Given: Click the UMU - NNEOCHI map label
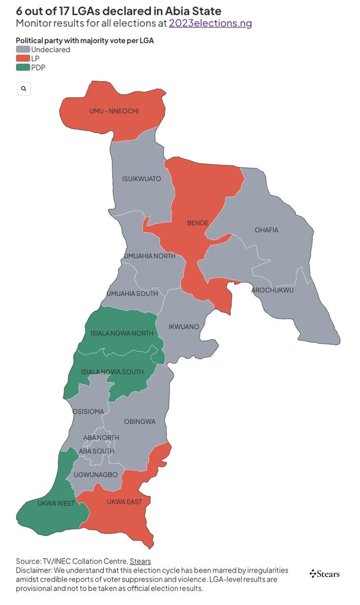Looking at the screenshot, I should coord(114,111).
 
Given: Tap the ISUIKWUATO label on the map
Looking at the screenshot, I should coord(142,179).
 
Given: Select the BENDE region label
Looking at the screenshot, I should coord(198,222).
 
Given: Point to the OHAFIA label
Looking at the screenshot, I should coord(266,230).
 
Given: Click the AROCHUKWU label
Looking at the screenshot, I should coord(272,290).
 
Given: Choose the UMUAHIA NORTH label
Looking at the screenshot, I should coord(150,256).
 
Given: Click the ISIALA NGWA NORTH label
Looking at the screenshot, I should coord(122,333).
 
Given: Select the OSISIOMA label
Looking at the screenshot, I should coord(88,411).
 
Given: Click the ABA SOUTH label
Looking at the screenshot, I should coord(96,451).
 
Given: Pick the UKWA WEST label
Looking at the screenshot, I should coord(56,503).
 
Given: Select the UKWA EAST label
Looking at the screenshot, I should coord(124,502).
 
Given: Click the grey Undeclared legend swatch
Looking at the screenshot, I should coord(23,49).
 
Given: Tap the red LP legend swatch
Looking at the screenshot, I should coord(23,58).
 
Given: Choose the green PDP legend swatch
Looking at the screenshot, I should coord(23,68).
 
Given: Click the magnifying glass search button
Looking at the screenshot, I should coord(24,89).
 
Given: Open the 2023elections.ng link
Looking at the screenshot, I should coord(210,23).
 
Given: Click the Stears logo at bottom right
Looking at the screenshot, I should coord(325,574).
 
